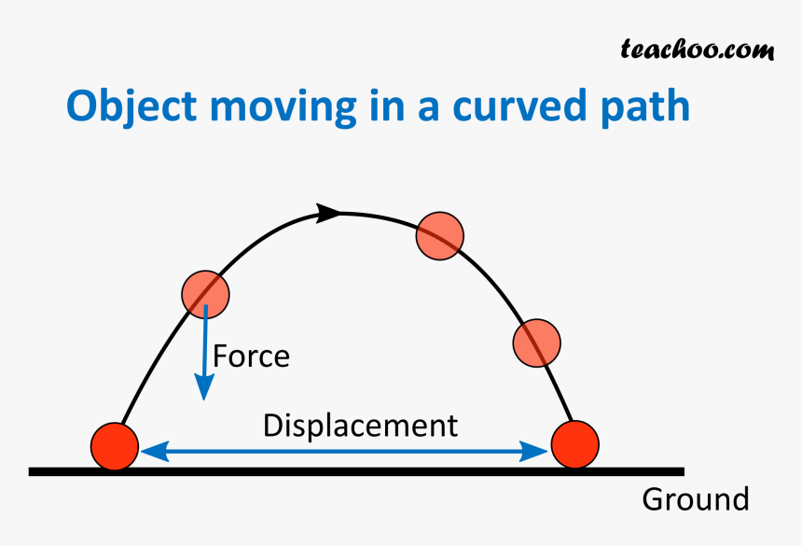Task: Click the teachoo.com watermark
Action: coord(697,49)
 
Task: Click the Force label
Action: coord(251,357)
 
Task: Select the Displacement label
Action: coord(360,426)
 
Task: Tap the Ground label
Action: coord(695,499)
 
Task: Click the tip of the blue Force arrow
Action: coord(201,398)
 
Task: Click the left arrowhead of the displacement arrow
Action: coord(149,453)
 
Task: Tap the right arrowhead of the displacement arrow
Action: coord(538,453)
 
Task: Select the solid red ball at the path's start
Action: coord(115,444)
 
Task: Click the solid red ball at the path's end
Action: coord(574,444)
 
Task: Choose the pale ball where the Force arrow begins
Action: coord(204,294)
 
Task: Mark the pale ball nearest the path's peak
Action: coord(439,235)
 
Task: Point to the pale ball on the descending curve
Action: coord(536,342)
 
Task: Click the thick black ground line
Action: coord(354,471)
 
